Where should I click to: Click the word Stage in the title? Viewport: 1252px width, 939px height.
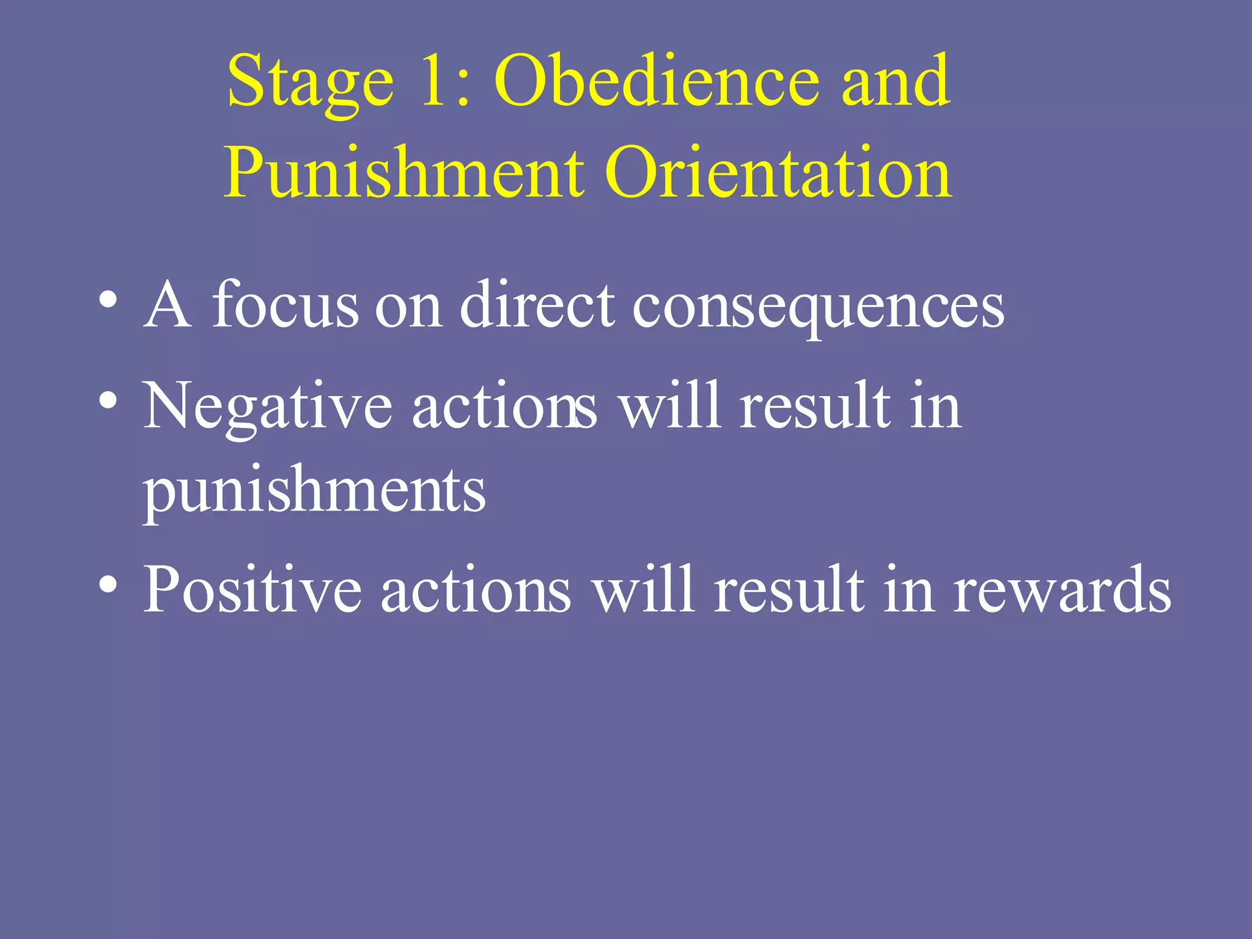pyautogui.click(x=310, y=83)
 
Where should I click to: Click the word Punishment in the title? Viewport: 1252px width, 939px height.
pyautogui.click(x=403, y=174)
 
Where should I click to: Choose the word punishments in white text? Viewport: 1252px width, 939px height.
pyautogui.click(x=314, y=492)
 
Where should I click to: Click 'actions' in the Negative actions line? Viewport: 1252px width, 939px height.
pyautogui.click(x=504, y=406)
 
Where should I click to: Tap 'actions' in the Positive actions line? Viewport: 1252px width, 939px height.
pyautogui.click(x=476, y=589)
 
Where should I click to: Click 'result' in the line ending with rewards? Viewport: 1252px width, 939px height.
pyautogui.click(x=789, y=589)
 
